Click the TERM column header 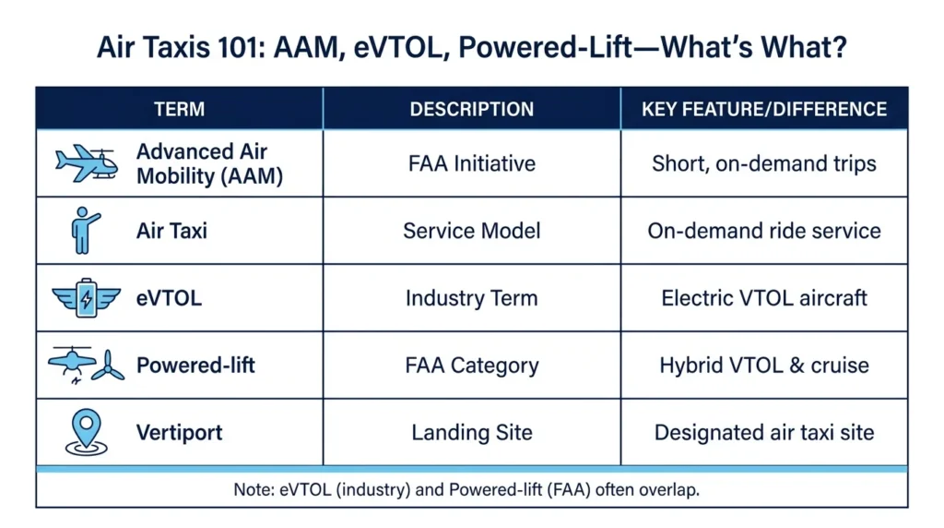click(x=180, y=109)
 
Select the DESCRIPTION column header click(x=471, y=109)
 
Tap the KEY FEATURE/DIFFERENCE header click(x=764, y=109)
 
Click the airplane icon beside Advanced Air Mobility click(x=87, y=162)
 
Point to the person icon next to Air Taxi click(x=84, y=230)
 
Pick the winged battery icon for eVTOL click(x=86, y=298)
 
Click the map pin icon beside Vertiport click(x=86, y=432)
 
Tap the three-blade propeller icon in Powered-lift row click(x=109, y=366)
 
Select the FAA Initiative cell click(x=471, y=163)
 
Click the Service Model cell click(x=471, y=231)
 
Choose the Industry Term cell click(x=471, y=298)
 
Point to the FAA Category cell click(x=471, y=366)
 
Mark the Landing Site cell click(x=471, y=432)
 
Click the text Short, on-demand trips click(x=764, y=164)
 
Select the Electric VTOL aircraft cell click(x=764, y=298)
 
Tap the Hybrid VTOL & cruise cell click(x=764, y=366)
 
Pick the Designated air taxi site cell click(x=764, y=432)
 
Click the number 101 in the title click(x=242, y=47)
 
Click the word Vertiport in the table click(x=180, y=432)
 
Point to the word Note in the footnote click(x=252, y=489)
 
